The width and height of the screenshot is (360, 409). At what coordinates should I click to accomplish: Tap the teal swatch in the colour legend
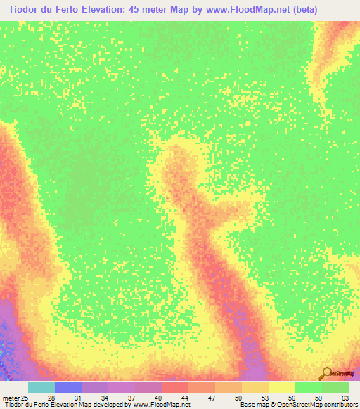(41, 388)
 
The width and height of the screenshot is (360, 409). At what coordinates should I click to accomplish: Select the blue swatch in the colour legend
(67, 388)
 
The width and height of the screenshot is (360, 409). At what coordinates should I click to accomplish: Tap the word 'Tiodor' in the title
(20, 10)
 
